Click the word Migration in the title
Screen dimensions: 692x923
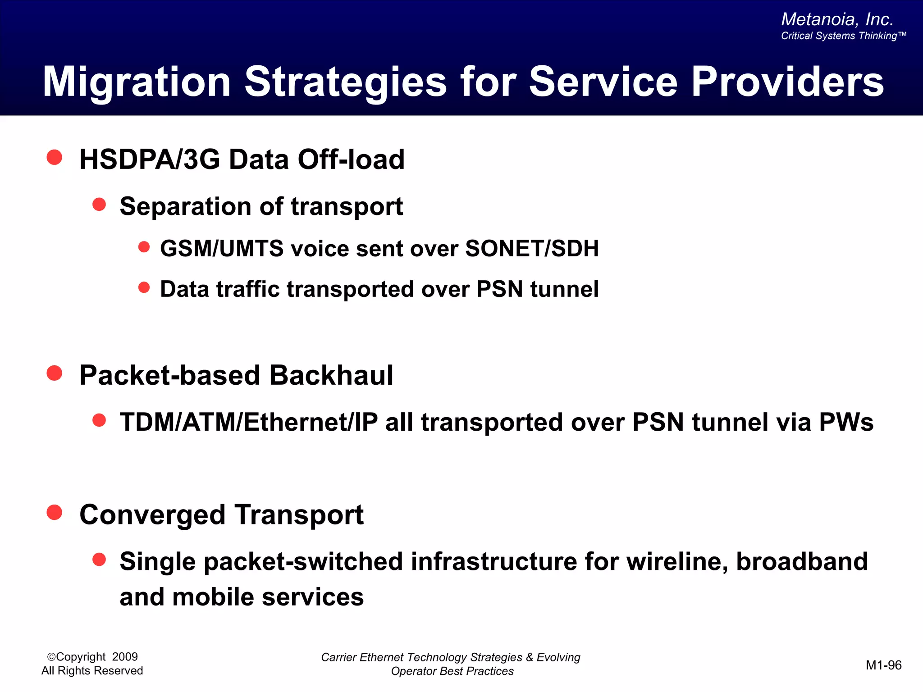[137, 82]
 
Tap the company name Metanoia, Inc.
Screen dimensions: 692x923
[837, 19]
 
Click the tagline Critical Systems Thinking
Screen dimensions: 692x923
[843, 36]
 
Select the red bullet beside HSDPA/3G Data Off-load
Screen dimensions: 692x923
[55, 158]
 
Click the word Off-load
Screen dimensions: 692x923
[351, 159]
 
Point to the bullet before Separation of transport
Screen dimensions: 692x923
[99, 205]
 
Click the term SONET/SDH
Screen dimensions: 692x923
[532, 249]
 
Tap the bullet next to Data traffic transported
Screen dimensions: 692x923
[144, 287]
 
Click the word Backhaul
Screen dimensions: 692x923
[331, 375]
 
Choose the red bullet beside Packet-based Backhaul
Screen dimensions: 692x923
[55, 373]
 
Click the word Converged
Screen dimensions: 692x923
[152, 515]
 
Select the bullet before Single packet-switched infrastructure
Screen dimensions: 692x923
[99, 560]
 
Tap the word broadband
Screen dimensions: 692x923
[802, 562]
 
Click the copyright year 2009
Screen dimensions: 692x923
[125, 657]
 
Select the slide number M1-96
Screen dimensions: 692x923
[883, 665]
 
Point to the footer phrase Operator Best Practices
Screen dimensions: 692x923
[452, 671]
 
